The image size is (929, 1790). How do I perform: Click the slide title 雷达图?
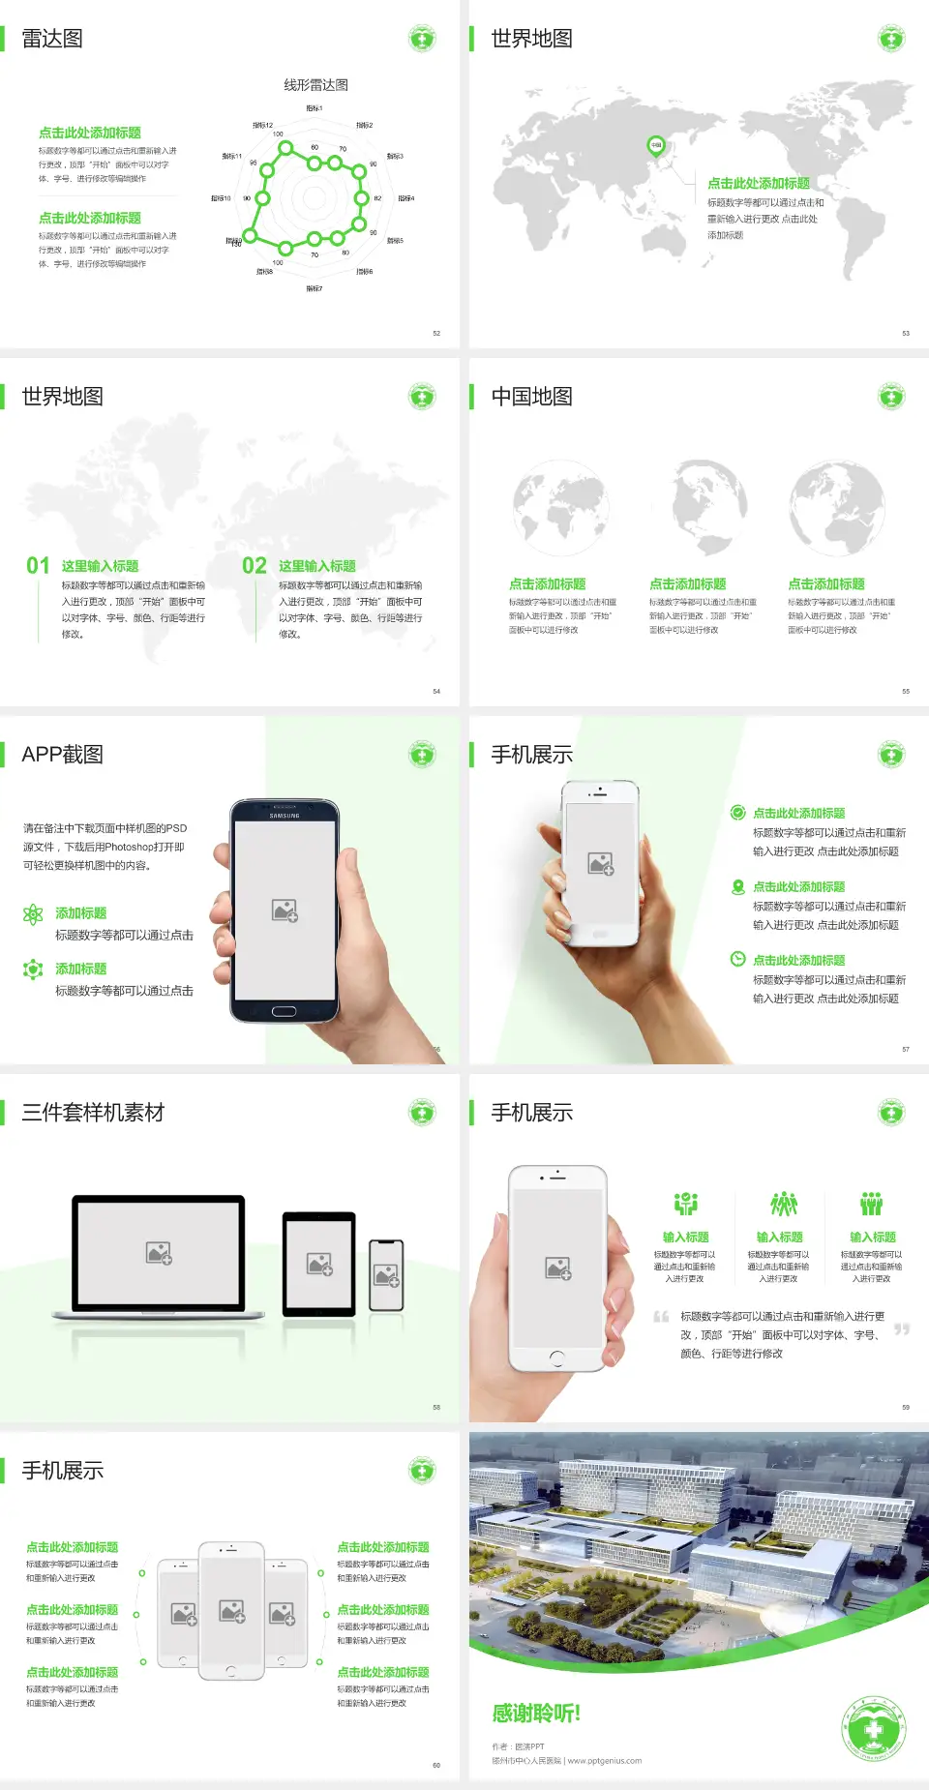[52, 39]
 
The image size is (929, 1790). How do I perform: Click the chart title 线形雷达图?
[315, 85]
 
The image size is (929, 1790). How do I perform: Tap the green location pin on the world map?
[656, 146]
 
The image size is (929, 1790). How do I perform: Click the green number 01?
[38, 566]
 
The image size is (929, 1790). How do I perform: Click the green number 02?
[255, 566]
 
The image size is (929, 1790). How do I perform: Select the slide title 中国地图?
[531, 397]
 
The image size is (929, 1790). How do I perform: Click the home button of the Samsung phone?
[284, 1012]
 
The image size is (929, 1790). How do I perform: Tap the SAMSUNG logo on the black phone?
[285, 816]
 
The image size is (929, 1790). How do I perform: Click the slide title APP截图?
[62, 755]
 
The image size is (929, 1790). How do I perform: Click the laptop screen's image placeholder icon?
[159, 1253]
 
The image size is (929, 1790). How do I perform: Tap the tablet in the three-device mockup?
[319, 1263]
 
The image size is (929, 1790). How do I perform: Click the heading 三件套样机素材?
[93, 1113]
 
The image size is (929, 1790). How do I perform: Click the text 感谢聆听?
[536, 1714]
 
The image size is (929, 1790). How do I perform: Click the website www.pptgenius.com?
[605, 1761]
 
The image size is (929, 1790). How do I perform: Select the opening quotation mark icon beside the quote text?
[662, 1316]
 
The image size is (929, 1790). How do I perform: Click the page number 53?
[906, 333]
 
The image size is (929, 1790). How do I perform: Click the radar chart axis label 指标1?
[315, 108]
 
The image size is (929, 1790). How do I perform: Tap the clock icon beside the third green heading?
[737, 959]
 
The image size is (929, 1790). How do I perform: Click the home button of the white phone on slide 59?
[556, 1358]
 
